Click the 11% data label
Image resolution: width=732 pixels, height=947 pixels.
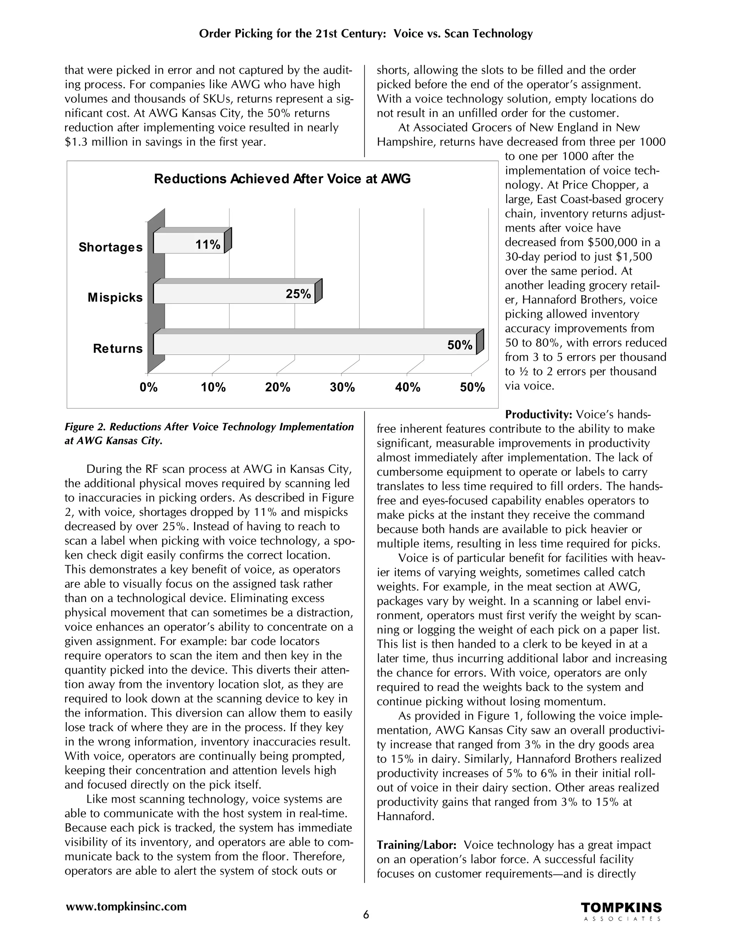pyautogui.click(x=208, y=245)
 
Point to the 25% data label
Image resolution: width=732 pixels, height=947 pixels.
pyautogui.click(x=298, y=294)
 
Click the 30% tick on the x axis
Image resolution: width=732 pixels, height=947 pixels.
pyautogui.click(x=342, y=388)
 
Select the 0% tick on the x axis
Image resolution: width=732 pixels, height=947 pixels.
pyautogui.click(x=148, y=388)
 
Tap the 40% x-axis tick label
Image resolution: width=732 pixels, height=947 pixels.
pyautogui.click(x=407, y=388)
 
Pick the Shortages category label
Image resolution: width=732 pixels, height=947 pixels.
pyautogui.click(x=110, y=247)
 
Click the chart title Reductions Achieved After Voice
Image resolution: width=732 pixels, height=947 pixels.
pyautogui.click(x=282, y=179)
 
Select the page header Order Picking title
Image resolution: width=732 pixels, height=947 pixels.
pyautogui.click(x=366, y=34)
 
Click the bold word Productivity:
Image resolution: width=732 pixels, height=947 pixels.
pyautogui.click(x=538, y=415)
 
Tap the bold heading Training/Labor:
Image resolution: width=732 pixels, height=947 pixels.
pyautogui.click(x=416, y=845)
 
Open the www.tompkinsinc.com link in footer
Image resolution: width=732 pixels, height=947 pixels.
pyautogui.click(x=126, y=906)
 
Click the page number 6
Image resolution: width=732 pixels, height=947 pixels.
pyautogui.click(x=366, y=915)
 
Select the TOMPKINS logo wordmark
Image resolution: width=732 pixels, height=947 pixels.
pyautogui.click(x=621, y=908)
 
